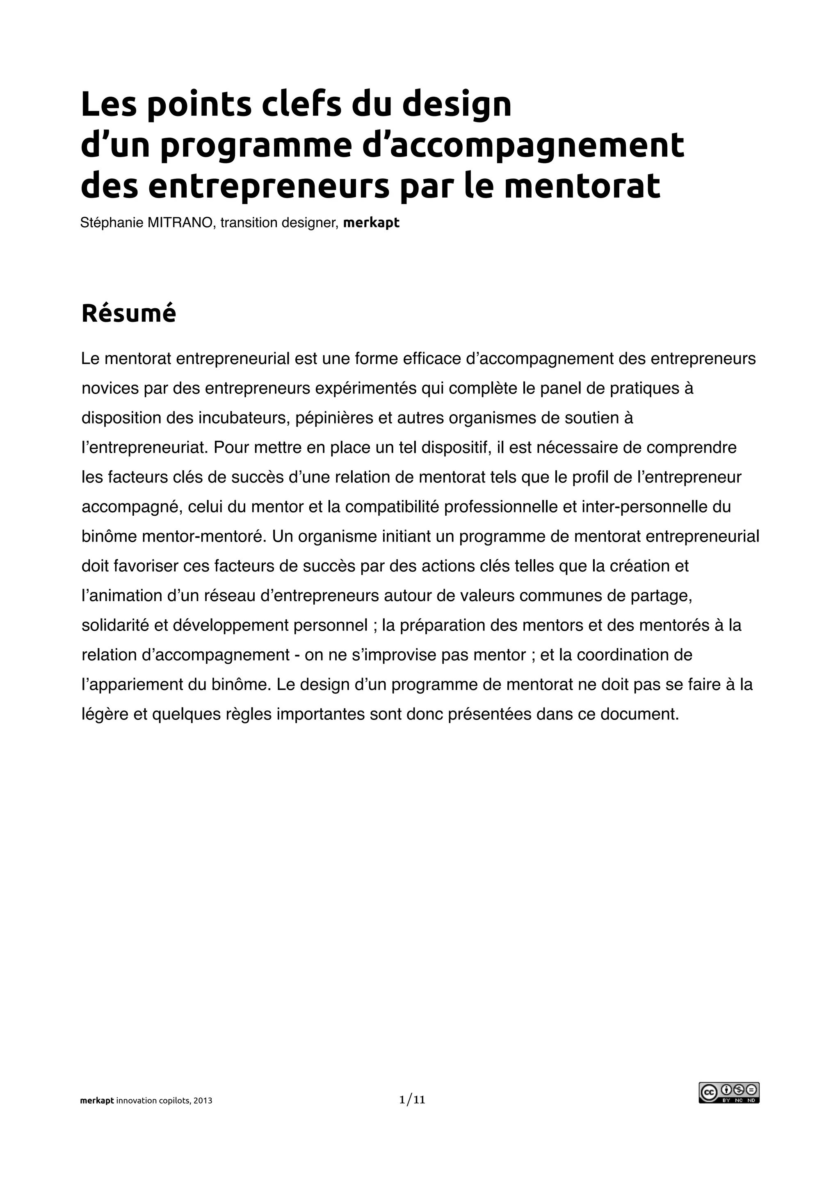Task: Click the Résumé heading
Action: click(x=129, y=314)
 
